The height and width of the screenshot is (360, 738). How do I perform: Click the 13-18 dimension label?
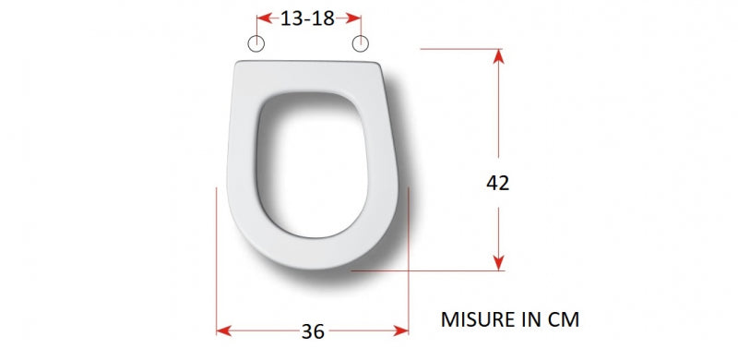[307, 18]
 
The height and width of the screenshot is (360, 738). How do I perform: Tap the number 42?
[498, 183]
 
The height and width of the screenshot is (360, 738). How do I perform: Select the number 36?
[313, 331]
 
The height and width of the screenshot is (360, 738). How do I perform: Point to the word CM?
[564, 319]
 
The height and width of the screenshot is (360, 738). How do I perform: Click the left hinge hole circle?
[256, 43]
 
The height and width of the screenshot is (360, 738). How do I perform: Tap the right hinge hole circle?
[361, 43]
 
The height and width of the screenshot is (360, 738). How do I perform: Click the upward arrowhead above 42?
[499, 56]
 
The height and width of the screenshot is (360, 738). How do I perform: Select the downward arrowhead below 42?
[499, 262]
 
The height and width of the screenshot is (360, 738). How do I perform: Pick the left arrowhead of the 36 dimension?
[224, 330]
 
